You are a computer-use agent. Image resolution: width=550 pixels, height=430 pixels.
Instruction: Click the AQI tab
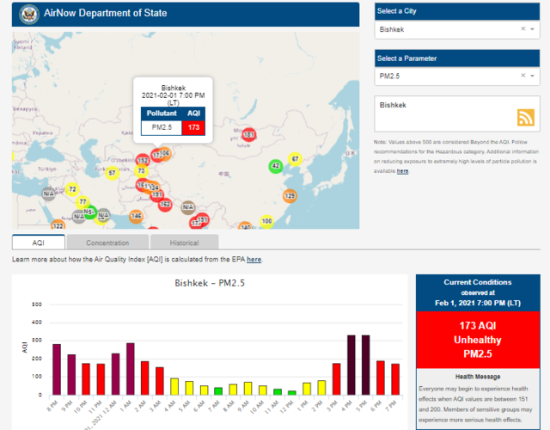(38, 243)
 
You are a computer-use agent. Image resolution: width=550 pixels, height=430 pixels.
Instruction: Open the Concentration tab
(107, 243)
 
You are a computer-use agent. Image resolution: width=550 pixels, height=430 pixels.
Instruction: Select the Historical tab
(184, 243)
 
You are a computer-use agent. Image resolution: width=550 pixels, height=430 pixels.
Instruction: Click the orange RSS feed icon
(525, 118)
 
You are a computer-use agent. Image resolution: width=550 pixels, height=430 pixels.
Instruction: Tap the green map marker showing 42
(276, 166)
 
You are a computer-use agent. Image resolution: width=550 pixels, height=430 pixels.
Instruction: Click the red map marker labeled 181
(248, 135)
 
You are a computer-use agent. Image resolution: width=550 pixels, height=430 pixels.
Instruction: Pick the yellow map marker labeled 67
(295, 159)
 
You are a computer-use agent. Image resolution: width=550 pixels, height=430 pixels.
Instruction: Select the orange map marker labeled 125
(290, 196)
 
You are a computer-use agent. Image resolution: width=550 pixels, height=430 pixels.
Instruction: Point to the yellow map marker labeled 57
(112, 173)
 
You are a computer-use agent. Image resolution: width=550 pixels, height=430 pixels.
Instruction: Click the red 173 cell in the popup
(193, 127)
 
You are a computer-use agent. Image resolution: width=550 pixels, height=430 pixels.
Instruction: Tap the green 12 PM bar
(291, 391)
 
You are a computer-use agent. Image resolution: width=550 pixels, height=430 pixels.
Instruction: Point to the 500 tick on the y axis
(37, 304)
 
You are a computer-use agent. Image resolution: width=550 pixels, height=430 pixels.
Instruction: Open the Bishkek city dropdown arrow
(534, 28)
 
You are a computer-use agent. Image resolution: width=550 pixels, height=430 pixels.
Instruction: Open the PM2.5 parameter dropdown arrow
(534, 76)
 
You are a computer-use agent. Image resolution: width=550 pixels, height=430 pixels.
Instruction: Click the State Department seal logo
(27, 13)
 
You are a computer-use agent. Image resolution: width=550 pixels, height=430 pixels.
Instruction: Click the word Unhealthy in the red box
(478, 339)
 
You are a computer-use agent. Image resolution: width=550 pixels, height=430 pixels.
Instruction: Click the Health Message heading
(478, 377)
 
